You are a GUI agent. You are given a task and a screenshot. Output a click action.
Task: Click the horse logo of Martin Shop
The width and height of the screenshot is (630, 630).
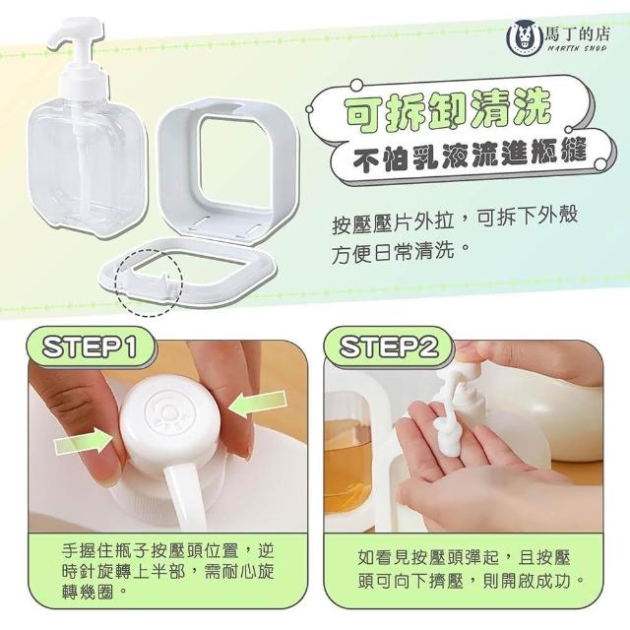[524, 37]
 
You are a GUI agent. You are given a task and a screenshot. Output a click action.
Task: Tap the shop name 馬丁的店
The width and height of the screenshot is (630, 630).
[577, 33]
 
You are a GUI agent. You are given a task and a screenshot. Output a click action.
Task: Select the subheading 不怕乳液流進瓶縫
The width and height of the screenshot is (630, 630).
[470, 157]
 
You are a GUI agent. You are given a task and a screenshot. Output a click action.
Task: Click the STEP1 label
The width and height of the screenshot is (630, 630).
[90, 346]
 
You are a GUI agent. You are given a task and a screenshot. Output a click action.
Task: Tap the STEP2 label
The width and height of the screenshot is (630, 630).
[388, 346]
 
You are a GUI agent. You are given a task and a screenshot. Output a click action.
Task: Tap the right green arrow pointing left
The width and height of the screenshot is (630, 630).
[258, 404]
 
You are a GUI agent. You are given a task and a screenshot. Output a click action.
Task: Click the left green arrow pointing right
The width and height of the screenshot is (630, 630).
[84, 443]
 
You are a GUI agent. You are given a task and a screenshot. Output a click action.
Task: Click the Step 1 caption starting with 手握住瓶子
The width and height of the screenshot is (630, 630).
[168, 571]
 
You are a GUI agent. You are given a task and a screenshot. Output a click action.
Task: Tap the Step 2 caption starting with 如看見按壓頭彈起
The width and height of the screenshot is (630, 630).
[470, 569]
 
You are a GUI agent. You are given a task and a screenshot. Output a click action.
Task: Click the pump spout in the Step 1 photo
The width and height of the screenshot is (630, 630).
[186, 495]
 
